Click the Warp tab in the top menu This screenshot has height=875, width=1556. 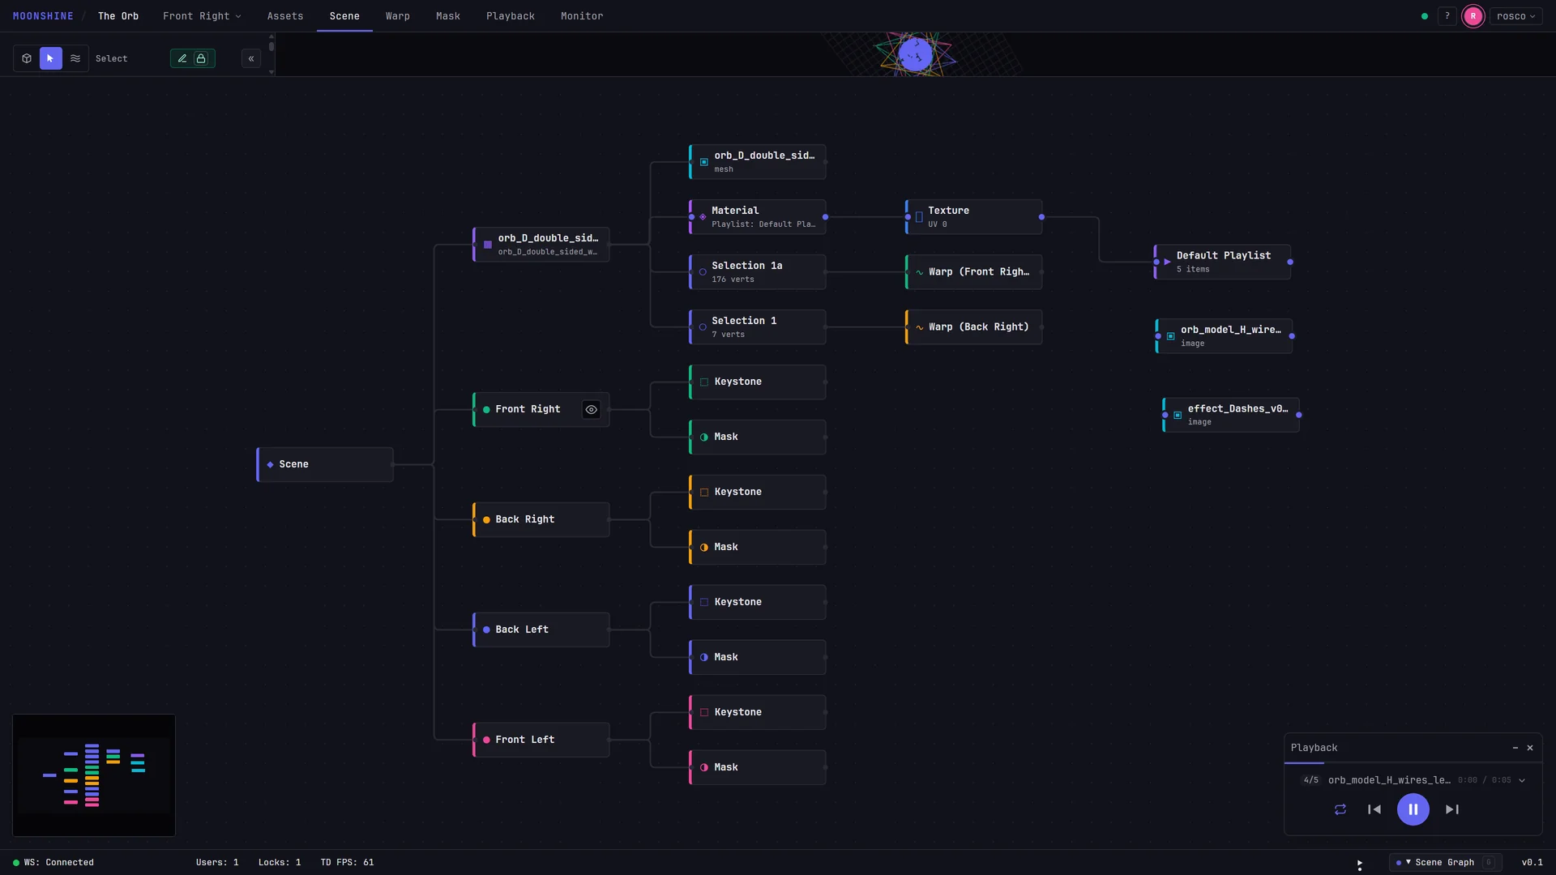pyautogui.click(x=397, y=16)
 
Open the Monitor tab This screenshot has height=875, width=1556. pyautogui.click(x=581, y=16)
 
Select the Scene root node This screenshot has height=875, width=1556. pyautogui.click(x=325, y=464)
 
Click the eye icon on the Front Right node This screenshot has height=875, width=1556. pyautogui.click(x=592, y=409)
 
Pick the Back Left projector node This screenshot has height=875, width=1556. pyautogui.click(x=541, y=630)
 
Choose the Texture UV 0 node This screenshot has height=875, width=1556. pyautogui.click(x=973, y=217)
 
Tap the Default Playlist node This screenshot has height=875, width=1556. pyautogui.click(x=1222, y=262)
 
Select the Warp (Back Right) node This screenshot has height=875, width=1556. pyautogui.click(x=973, y=327)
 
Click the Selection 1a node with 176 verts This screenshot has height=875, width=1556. pyautogui.click(x=757, y=272)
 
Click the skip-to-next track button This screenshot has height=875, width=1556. pyautogui.click(x=1452, y=809)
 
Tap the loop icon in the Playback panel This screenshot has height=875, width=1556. pyautogui.click(x=1340, y=809)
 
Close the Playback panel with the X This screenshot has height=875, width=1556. pyautogui.click(x=1530, y=748)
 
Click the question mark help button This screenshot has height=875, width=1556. pyautogui.click(x=1447, y=16)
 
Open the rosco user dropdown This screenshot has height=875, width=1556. pyautogui.click(x=1515, y=16)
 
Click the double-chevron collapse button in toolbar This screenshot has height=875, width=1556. pyautogui.click(x=251, y=58)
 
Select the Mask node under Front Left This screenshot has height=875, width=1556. pyautogui.click(x=757, y=767)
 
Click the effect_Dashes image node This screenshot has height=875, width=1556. pyautogui.click(x=1230, y=415)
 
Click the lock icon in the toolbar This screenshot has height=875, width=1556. pyautogui.click(x=201, y=58)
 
